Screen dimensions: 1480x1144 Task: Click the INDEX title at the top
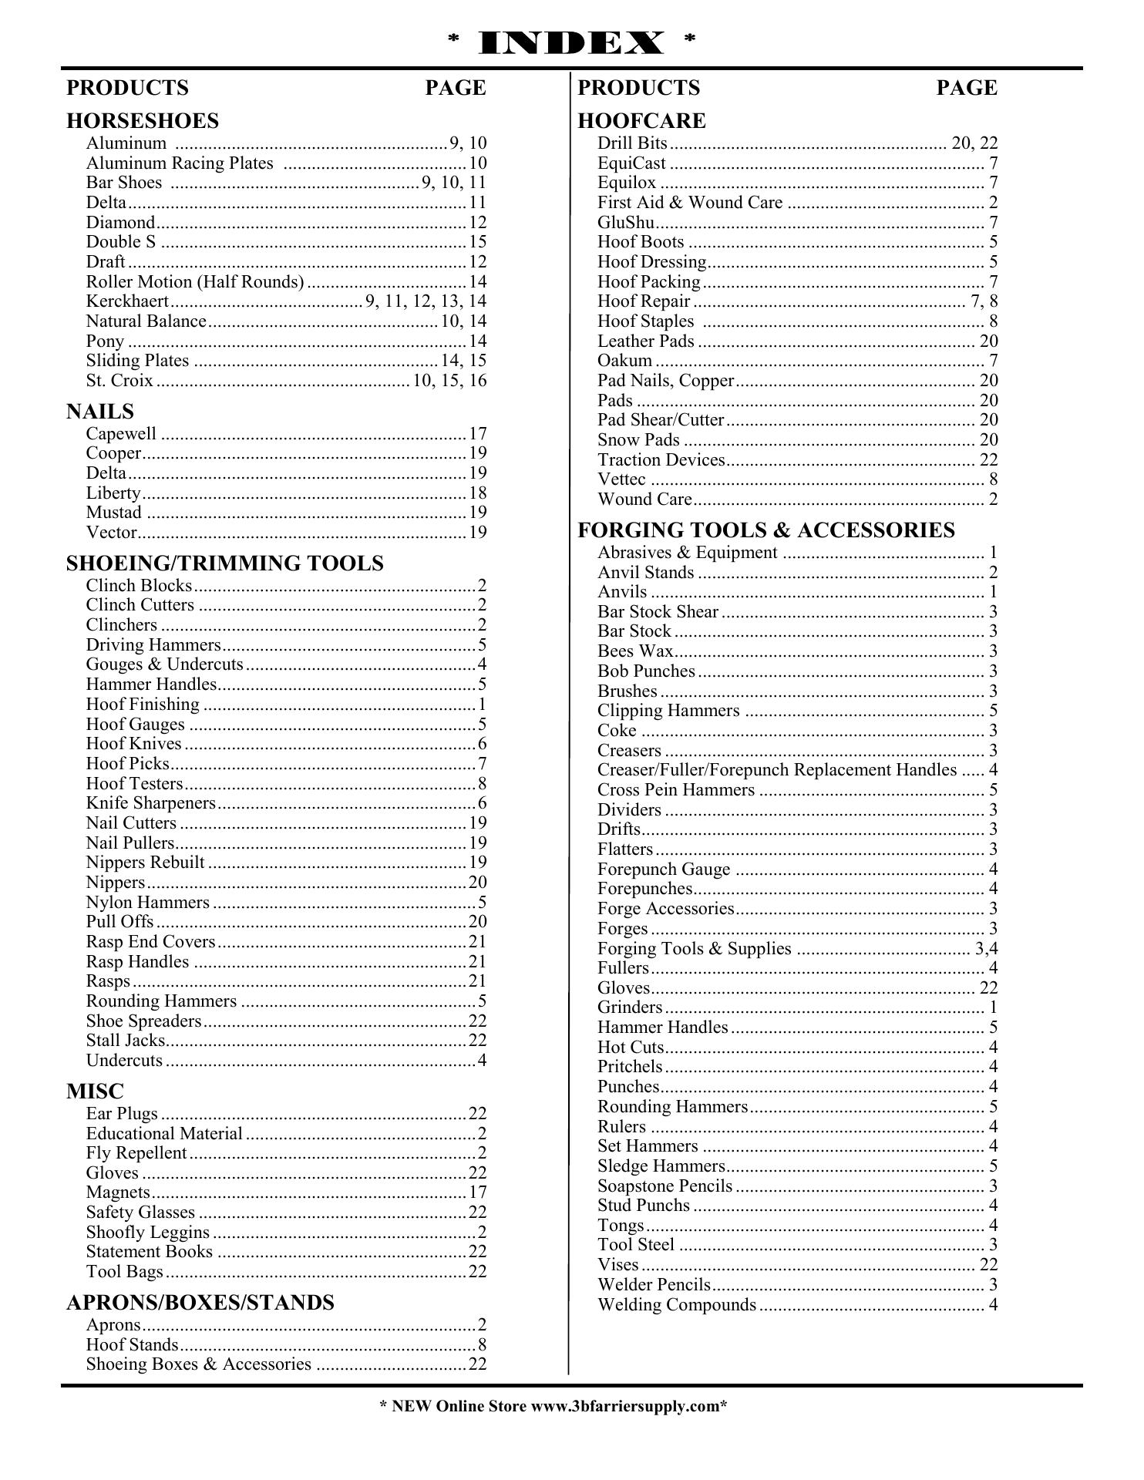pos(571,43)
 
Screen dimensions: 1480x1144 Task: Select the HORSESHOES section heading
pos(143,121)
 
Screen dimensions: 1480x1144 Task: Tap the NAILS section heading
pos(100,412)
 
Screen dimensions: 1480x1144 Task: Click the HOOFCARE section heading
pos(641,121)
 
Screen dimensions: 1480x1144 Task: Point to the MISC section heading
pos(95,1091)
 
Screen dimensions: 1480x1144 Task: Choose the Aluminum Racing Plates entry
pos(180,163)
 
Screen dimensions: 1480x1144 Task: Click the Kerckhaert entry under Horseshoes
pos(127,301)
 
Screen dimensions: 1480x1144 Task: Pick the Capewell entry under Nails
pos(121,434)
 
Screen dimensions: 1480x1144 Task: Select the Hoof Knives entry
pos(134,744)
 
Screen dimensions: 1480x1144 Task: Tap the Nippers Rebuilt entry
pos(146,863)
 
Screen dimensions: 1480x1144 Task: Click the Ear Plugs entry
pos(122,1114)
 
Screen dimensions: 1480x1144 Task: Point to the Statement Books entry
pos(150,1252)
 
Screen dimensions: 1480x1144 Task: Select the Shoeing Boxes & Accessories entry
pos(199,1364)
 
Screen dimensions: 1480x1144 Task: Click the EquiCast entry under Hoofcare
pos(631,163)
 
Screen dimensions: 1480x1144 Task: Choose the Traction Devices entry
pos(661,460)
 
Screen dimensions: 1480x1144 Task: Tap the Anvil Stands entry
pos(646,573)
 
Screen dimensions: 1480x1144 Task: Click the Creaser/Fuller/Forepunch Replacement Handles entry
pos(777,770)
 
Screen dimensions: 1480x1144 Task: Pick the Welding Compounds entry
pos(677,1305)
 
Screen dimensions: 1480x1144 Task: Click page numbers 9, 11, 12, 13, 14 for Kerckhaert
pos(426,301)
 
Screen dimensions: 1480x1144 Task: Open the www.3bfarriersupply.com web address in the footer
pos(624,1406)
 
